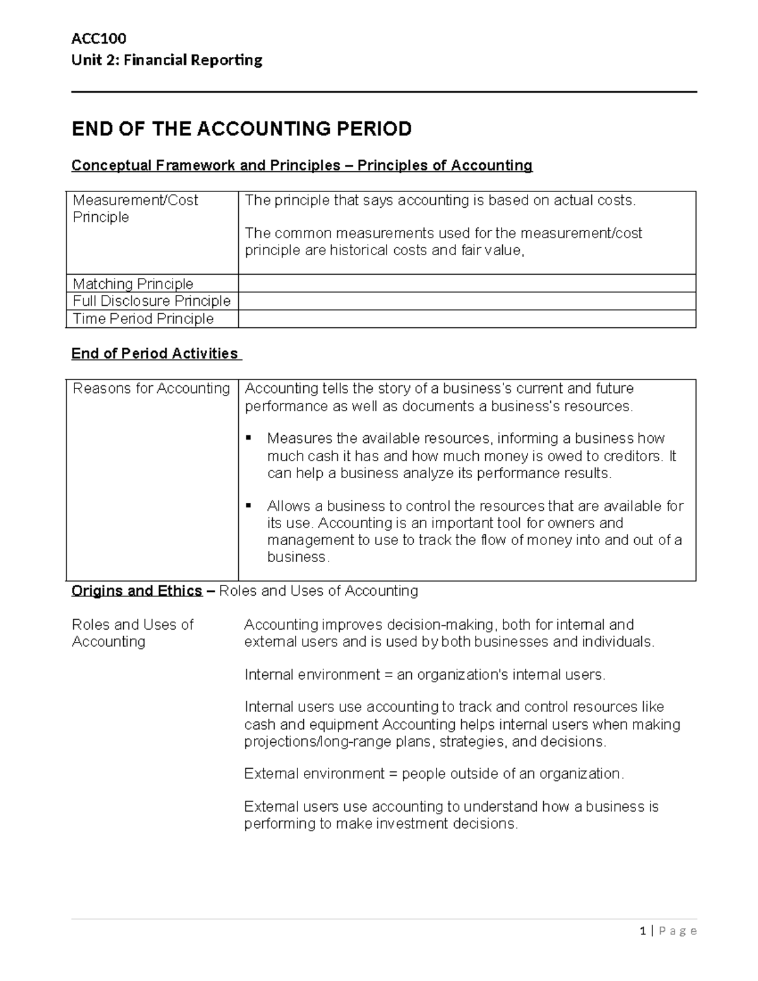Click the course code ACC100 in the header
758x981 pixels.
point(99,39)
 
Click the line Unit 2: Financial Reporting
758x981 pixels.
point(167,60)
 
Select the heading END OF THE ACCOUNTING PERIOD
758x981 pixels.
point(241,129)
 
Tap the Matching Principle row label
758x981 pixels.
point(133,284)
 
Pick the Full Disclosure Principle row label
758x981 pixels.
point(152,301)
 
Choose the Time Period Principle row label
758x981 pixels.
point(143,318)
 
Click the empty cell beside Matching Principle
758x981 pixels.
point(466,284)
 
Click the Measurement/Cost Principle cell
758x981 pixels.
point(135,208)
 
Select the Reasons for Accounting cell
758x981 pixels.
point(151,388)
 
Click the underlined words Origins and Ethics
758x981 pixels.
point(136,591)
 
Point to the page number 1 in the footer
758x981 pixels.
point(642,930)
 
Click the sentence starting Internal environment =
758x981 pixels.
point(424,675)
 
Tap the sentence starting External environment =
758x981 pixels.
point(434,774)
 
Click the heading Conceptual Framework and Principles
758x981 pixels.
point(206,166)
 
